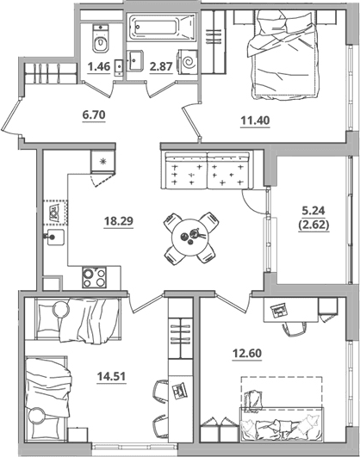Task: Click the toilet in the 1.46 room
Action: [x=101, y=38]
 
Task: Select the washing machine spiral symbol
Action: [x=188, y=61]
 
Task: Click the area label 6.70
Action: [x=94, y=114]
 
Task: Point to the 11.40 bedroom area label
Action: [x=255, y=120]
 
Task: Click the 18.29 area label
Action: [x=119, y=221]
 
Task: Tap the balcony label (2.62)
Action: [x=313, y=225]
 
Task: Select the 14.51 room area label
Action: [x=111, y=376]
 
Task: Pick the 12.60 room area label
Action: [x=247, y=354]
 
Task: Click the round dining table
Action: [x=189, y=238]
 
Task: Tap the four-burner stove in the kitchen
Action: [x=94, y=277]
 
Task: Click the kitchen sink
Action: [x=54, y=237]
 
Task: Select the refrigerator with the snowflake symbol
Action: [x=102, y=161]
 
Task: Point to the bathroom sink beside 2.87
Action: [x=134, y=60]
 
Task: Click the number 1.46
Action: [x=99, y=67]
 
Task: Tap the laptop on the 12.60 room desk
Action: [x=278, y=311]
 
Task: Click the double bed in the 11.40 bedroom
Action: [x=282, y=54]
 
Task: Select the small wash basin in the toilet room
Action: [x=119, y=67]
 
